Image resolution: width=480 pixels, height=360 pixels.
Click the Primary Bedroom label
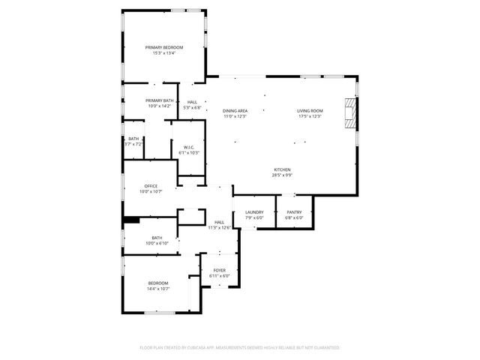point(163,47)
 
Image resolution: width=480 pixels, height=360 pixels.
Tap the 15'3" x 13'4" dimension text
point(163,53)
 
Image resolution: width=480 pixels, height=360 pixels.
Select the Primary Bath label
point(159,100)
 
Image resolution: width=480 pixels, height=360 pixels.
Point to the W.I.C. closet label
point(189,147)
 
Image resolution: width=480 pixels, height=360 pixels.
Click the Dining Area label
point(235,111)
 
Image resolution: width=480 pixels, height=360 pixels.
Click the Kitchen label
point(282,169)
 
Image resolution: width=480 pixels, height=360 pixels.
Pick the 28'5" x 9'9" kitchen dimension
point(282,175)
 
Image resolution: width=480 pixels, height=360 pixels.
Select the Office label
point(151,186)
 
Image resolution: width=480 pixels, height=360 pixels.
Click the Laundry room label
point(254,212)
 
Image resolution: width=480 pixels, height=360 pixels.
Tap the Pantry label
point(294,212)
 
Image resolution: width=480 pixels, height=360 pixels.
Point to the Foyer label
point(219,270)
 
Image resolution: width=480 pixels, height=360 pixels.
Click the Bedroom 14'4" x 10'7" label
point(158,285)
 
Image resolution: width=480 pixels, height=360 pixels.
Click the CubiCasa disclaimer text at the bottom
point(239,348)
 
